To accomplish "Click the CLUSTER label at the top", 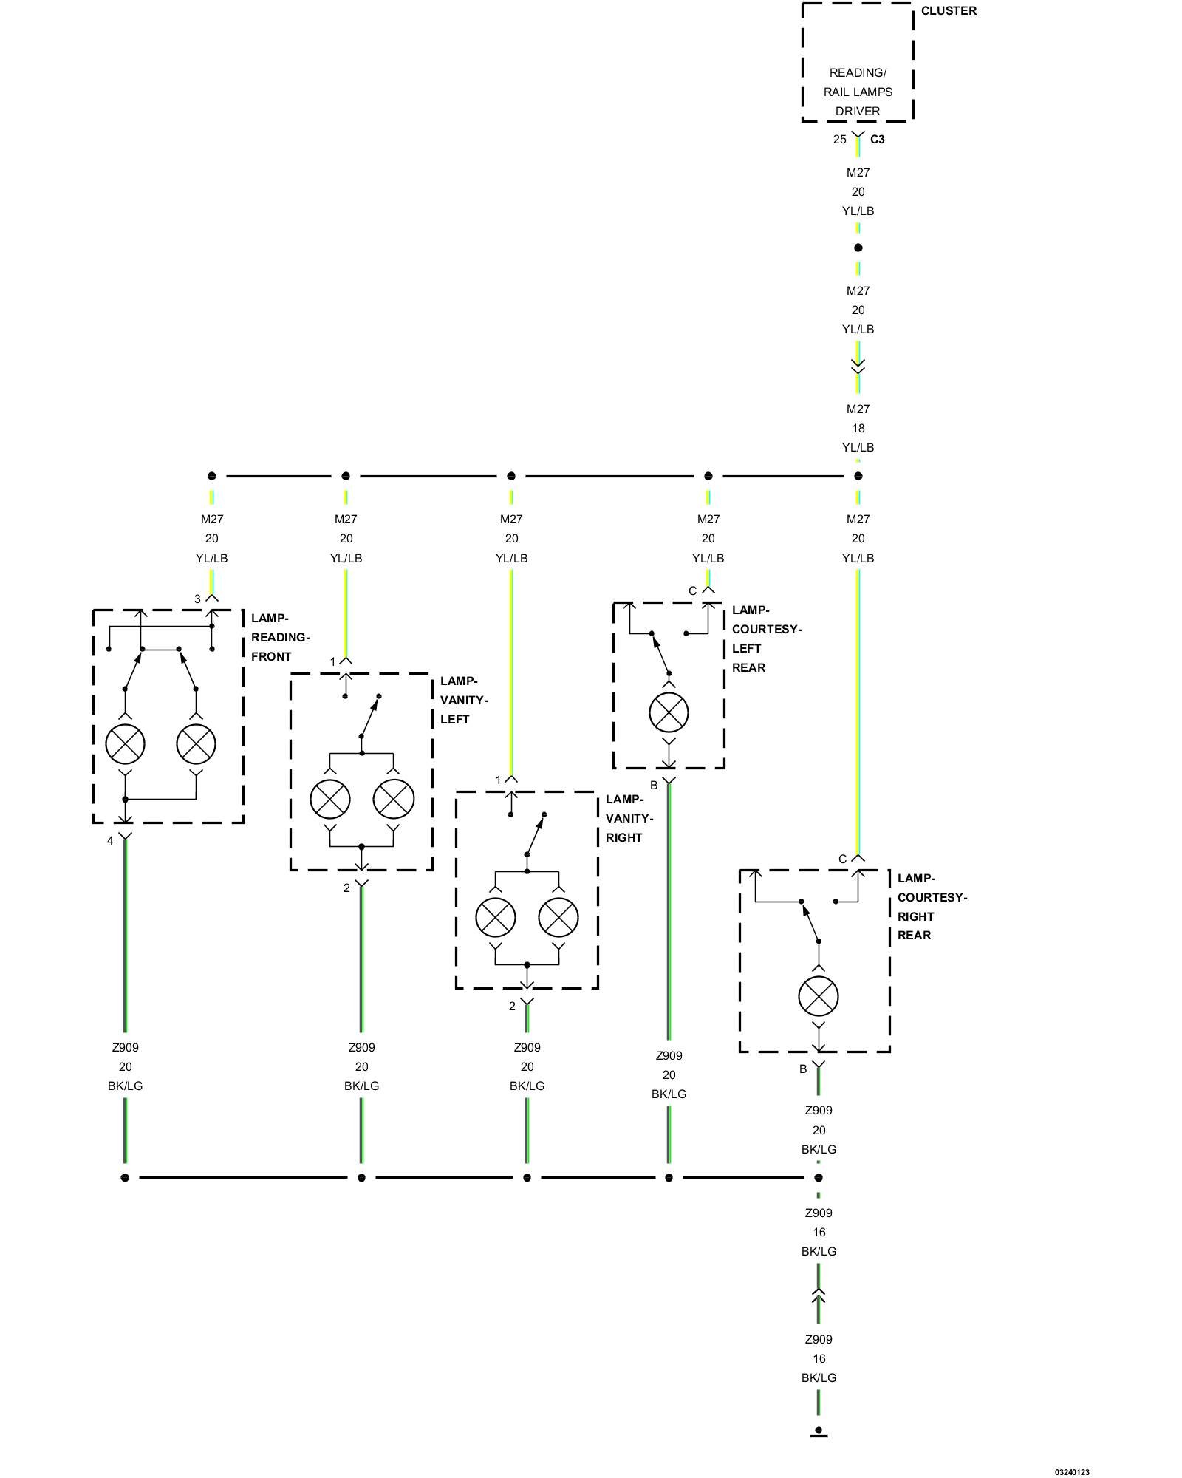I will point(949,11).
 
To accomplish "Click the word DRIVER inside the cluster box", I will point(858,112).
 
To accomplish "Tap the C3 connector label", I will point(877,140).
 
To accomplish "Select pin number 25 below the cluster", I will point(839,140).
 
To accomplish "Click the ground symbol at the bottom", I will point(819,1432).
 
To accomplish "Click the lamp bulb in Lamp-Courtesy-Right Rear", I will point(819,996).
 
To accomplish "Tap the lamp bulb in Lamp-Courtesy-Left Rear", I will point(669,712).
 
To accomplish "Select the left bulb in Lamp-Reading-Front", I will point(125,743).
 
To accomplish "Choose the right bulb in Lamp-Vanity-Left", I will point(394,799).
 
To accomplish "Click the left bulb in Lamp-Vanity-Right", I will point(496,918).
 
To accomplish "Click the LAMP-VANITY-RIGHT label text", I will point(629,818).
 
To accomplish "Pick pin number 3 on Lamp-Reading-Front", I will point(197,599).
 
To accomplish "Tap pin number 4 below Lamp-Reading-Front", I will point(110,841).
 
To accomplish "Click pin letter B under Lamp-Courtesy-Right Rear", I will point(803,1069).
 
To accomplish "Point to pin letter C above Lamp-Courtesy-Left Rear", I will point(692,591).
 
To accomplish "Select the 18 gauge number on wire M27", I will point(858,429).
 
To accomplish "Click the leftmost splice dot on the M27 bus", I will point(212,476).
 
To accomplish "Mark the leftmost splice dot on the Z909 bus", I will point(125,1178).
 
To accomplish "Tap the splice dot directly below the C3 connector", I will point(858,248).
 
